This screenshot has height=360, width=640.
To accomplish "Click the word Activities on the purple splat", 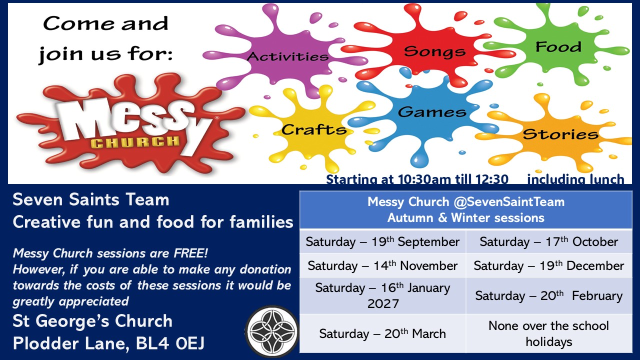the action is pos(287,56).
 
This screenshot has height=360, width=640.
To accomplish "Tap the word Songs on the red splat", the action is pos(434,51).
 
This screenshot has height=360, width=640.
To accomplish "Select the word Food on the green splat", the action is pos(558,47).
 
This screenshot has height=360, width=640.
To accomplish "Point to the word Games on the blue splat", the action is pos(432,111).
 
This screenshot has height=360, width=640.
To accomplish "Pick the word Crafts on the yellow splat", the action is pos(314,129).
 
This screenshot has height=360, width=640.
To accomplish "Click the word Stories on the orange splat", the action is pos(560,134).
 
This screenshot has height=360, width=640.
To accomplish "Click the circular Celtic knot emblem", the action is pos(272,331).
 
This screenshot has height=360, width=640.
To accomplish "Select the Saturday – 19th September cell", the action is pos(382,241).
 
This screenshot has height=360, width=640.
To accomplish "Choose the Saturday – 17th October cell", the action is pos(549,241).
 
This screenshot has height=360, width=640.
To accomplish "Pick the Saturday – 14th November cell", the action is pos(382,265).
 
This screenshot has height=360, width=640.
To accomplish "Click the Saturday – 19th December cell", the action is pos(549,265).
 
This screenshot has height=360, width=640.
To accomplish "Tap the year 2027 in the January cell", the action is pos(383,303).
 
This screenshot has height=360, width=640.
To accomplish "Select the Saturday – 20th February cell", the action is pos(549,295).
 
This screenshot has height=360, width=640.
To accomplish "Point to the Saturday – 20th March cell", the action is pos(382,333).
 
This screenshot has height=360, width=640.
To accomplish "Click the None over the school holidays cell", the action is pos(549,333).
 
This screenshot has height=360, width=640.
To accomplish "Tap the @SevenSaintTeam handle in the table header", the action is pos(509,201).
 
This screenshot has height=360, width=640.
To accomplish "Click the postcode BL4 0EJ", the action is pos(170,343).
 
